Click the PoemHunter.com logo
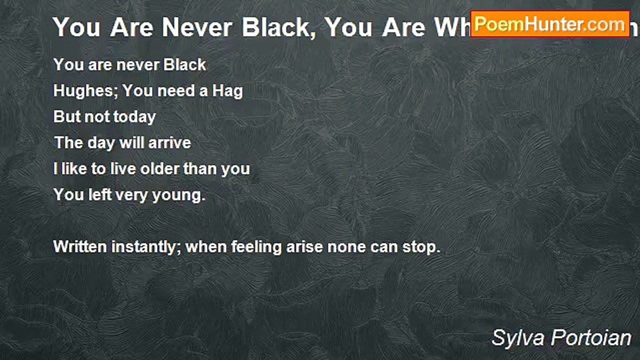pyautogui.click(x=549, y=24)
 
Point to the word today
pyautogui.click(x=134, y=117)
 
